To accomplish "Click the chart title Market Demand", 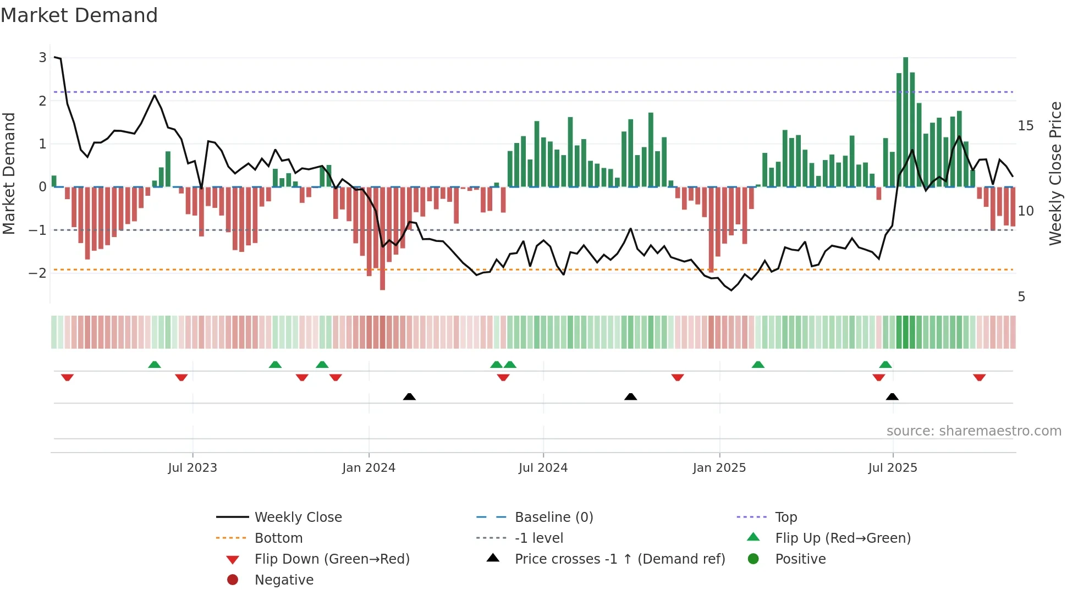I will pos(79,15).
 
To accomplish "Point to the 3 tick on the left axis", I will pos(42,58).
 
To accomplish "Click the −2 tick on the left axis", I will pos(38,273).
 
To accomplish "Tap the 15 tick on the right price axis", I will pos(1025,126).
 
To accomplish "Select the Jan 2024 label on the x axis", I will pos(369,468).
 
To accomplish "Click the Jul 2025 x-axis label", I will pos(893,468).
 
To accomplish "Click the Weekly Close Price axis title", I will pos(1055,173).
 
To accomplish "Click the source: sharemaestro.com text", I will pos(974,431).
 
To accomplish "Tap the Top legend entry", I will pos(785,517).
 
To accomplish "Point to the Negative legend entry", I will pos(284,580).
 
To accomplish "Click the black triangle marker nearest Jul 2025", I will pos(892,396).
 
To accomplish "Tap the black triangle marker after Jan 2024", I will pos(409,396).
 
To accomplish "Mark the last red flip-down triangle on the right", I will pos(979,377).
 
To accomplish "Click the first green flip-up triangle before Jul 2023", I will pos(155,365).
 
